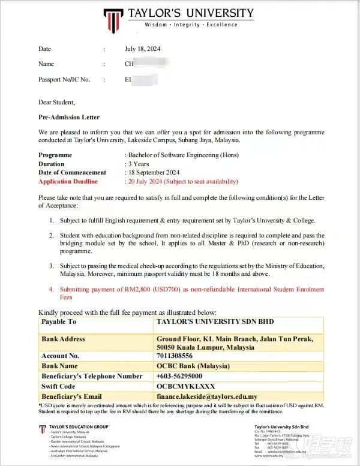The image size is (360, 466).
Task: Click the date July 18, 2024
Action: pyautogui.click(x=142, y=49)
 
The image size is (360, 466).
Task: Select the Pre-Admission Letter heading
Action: pyautogui.click(x=69, y=117)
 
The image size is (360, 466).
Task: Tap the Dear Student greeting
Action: pyautogui.click(x=56, y=102)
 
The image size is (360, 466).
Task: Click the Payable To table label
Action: pyautogui.click(x=59, y=322)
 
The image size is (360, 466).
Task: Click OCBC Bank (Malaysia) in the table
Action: pyautogui.click(x=193, y=366)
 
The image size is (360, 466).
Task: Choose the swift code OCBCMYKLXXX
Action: pyautogui.click(x=185, y=386)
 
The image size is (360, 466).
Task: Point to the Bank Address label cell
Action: pyautogui.click(x=63, y=339)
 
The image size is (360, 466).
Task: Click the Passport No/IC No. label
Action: pyautogui.click(x=64, y=79)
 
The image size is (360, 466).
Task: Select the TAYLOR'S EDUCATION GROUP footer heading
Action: pyautogui.click(x=77, y=427)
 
